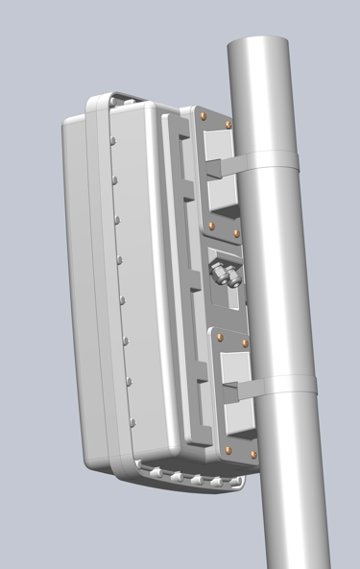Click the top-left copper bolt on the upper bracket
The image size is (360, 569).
pos(204,115)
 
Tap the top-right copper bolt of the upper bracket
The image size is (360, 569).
pos(228,125)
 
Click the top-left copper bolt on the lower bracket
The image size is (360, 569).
pos(219,335)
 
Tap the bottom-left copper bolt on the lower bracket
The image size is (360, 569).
pos(228,447)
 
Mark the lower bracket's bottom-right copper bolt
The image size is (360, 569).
pos(253,454)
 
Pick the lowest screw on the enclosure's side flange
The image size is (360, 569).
pos(131,424)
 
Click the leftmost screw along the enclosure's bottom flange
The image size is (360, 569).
pos(143,467)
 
